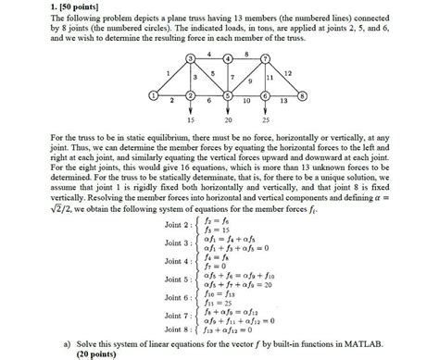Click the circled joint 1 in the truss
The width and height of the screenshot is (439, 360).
[152, 95]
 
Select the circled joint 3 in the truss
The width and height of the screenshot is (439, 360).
[190, 58]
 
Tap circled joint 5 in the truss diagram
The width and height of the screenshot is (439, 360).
[228, 95]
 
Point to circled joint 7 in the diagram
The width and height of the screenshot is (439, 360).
[266, 58]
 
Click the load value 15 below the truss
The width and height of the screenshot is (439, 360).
[190, 120]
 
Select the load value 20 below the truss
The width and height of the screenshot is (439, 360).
[228, 120]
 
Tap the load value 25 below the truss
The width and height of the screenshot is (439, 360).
[266, 120]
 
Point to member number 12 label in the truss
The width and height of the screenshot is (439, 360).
[288, 72]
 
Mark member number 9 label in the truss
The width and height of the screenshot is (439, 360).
[251, 81]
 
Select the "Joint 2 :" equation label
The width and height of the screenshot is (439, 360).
[181, 226]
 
